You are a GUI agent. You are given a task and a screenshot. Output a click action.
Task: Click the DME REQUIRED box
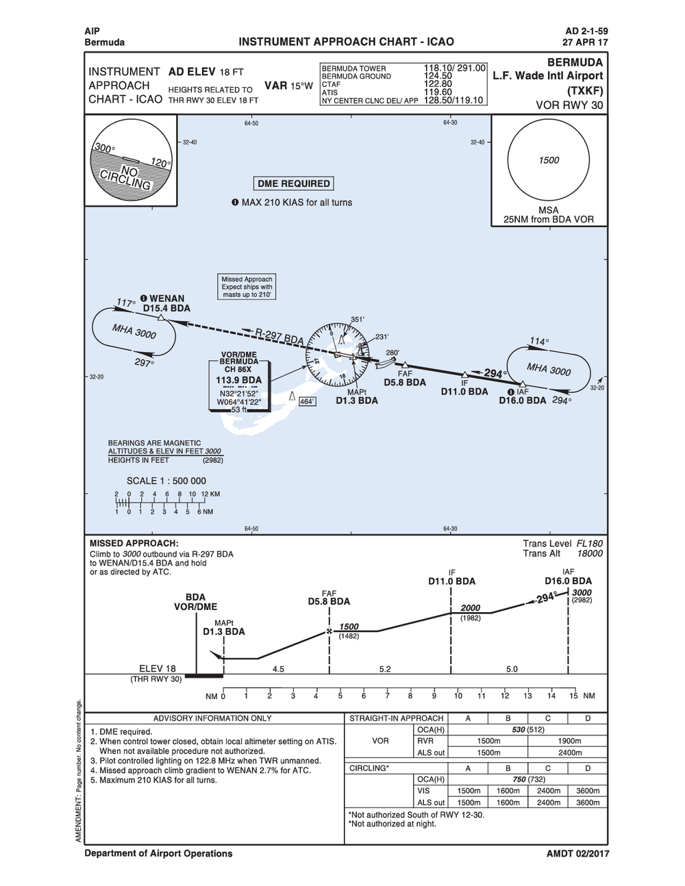tap(294, 183)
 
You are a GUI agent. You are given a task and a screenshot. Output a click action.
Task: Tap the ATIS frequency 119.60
tap(438, 92)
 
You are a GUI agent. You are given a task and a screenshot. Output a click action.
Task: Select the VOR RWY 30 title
tap(569, 105)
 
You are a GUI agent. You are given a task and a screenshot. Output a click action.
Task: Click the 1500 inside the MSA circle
tap(549, 160)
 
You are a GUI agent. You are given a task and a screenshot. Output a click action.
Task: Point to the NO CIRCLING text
tap(126, 177)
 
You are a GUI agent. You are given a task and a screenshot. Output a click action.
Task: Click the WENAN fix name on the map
tap(166, 299)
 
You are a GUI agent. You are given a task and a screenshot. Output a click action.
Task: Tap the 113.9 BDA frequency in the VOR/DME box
tap(238, 380)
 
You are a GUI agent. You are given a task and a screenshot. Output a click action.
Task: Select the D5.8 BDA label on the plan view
tap(404, 383)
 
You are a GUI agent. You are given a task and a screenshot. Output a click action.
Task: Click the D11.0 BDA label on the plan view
tap(464, 392)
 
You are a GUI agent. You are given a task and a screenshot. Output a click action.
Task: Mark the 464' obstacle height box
tap(308, 402)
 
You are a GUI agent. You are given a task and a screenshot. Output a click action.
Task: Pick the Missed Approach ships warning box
tap(247, 287)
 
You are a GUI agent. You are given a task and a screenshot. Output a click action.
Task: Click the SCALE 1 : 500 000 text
tap(166, 481)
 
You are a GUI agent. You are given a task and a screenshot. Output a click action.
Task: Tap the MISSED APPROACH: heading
tap(134, 543)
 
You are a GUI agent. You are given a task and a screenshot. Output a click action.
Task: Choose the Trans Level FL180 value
tap(589, 543)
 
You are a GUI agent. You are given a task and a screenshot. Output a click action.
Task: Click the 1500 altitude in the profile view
tap(349, 626)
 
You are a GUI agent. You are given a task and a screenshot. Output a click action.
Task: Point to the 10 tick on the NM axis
tap(458, 696)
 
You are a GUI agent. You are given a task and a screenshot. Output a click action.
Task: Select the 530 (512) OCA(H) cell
tap(527, 730)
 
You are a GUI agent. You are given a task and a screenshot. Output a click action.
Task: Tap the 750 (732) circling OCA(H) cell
tap(528, 779)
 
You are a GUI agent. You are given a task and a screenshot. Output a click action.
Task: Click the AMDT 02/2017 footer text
tap(577, 854)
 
